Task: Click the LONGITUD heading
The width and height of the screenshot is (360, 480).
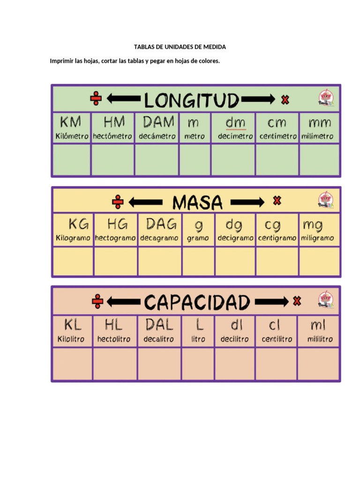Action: tap(191, 100)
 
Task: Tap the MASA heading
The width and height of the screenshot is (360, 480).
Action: tap(197, 202)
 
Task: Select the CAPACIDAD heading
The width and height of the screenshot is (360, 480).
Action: tap(196, 302)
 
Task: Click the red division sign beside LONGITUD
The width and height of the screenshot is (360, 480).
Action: tap(96, 99)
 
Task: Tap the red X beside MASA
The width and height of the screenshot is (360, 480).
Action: tap(277, 201)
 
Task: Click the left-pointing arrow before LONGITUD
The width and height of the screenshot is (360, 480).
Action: tap(123, 99)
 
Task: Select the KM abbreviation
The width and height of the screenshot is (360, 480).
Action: tap(71, 123)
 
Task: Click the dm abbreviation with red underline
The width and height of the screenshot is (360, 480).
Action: tap(235, 123)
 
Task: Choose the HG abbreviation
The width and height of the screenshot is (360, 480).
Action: tap(116, 224)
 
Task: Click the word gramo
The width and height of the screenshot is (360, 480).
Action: tap(198, 238)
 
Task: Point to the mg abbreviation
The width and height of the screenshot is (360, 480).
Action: tap(313, 225)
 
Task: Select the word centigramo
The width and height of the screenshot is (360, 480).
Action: tap(277, 238)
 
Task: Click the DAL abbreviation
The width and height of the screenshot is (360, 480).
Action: tap(159, 324)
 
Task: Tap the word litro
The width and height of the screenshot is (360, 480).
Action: tap(198, 339)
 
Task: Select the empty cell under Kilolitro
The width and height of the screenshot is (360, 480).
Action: tap(72, 363)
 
